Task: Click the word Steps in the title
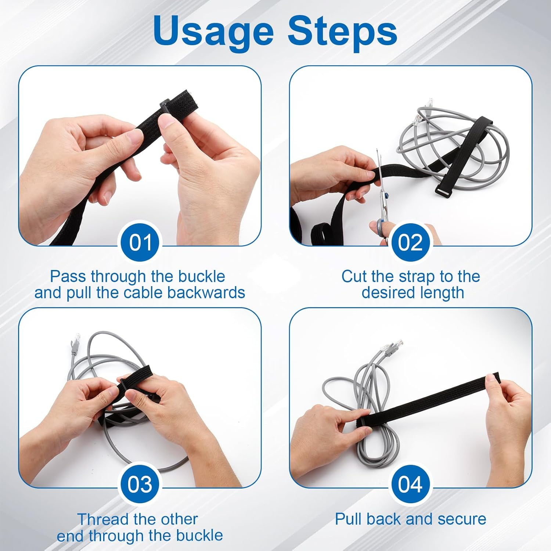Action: tap(342, 31)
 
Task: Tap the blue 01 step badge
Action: tap(140, 242)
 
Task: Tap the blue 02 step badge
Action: tap(410, 242)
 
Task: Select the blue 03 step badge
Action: tap(140, 484)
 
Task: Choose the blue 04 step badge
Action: tap(410, 484)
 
